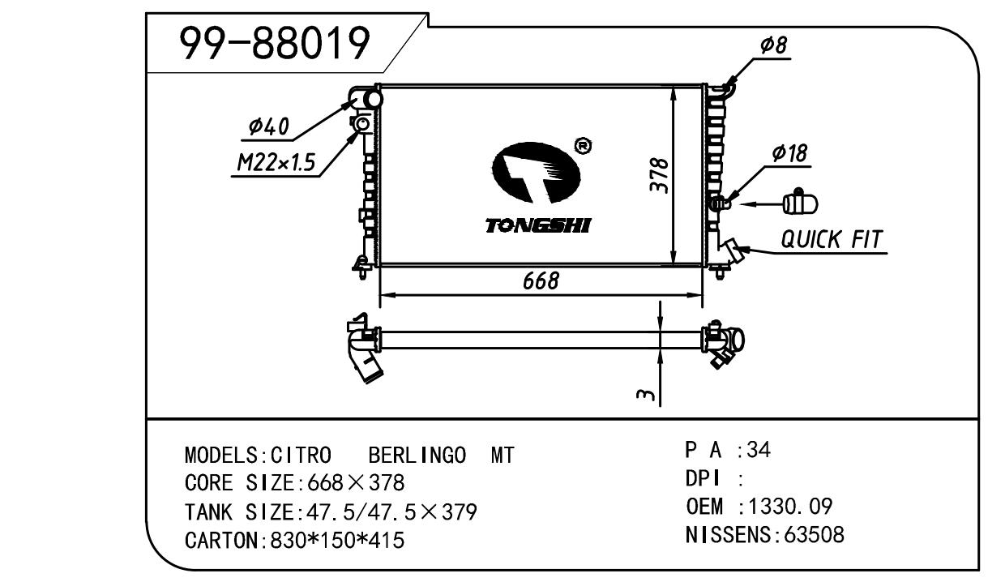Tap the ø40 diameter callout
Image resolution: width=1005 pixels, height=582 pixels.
point(268,126)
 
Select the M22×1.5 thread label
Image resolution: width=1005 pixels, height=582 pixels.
point(275,164)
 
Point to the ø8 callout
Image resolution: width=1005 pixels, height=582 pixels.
point(773,46)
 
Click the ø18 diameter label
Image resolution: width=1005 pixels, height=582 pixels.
point(790,152)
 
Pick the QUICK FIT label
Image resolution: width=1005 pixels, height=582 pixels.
point(831,239)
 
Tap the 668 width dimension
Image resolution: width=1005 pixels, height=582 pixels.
point(541,280)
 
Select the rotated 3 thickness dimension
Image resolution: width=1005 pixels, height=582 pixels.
point(644,395)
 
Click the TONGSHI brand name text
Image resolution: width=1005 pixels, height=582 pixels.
point(537,225)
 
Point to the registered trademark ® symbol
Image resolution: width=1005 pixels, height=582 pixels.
point(583,146)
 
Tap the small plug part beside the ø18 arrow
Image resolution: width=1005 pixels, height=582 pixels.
point(801,203)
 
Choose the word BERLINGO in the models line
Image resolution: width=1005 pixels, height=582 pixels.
point(417,456)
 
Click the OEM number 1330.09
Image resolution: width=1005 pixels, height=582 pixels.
point(786,507)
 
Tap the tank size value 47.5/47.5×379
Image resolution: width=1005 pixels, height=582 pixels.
point(387,512)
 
